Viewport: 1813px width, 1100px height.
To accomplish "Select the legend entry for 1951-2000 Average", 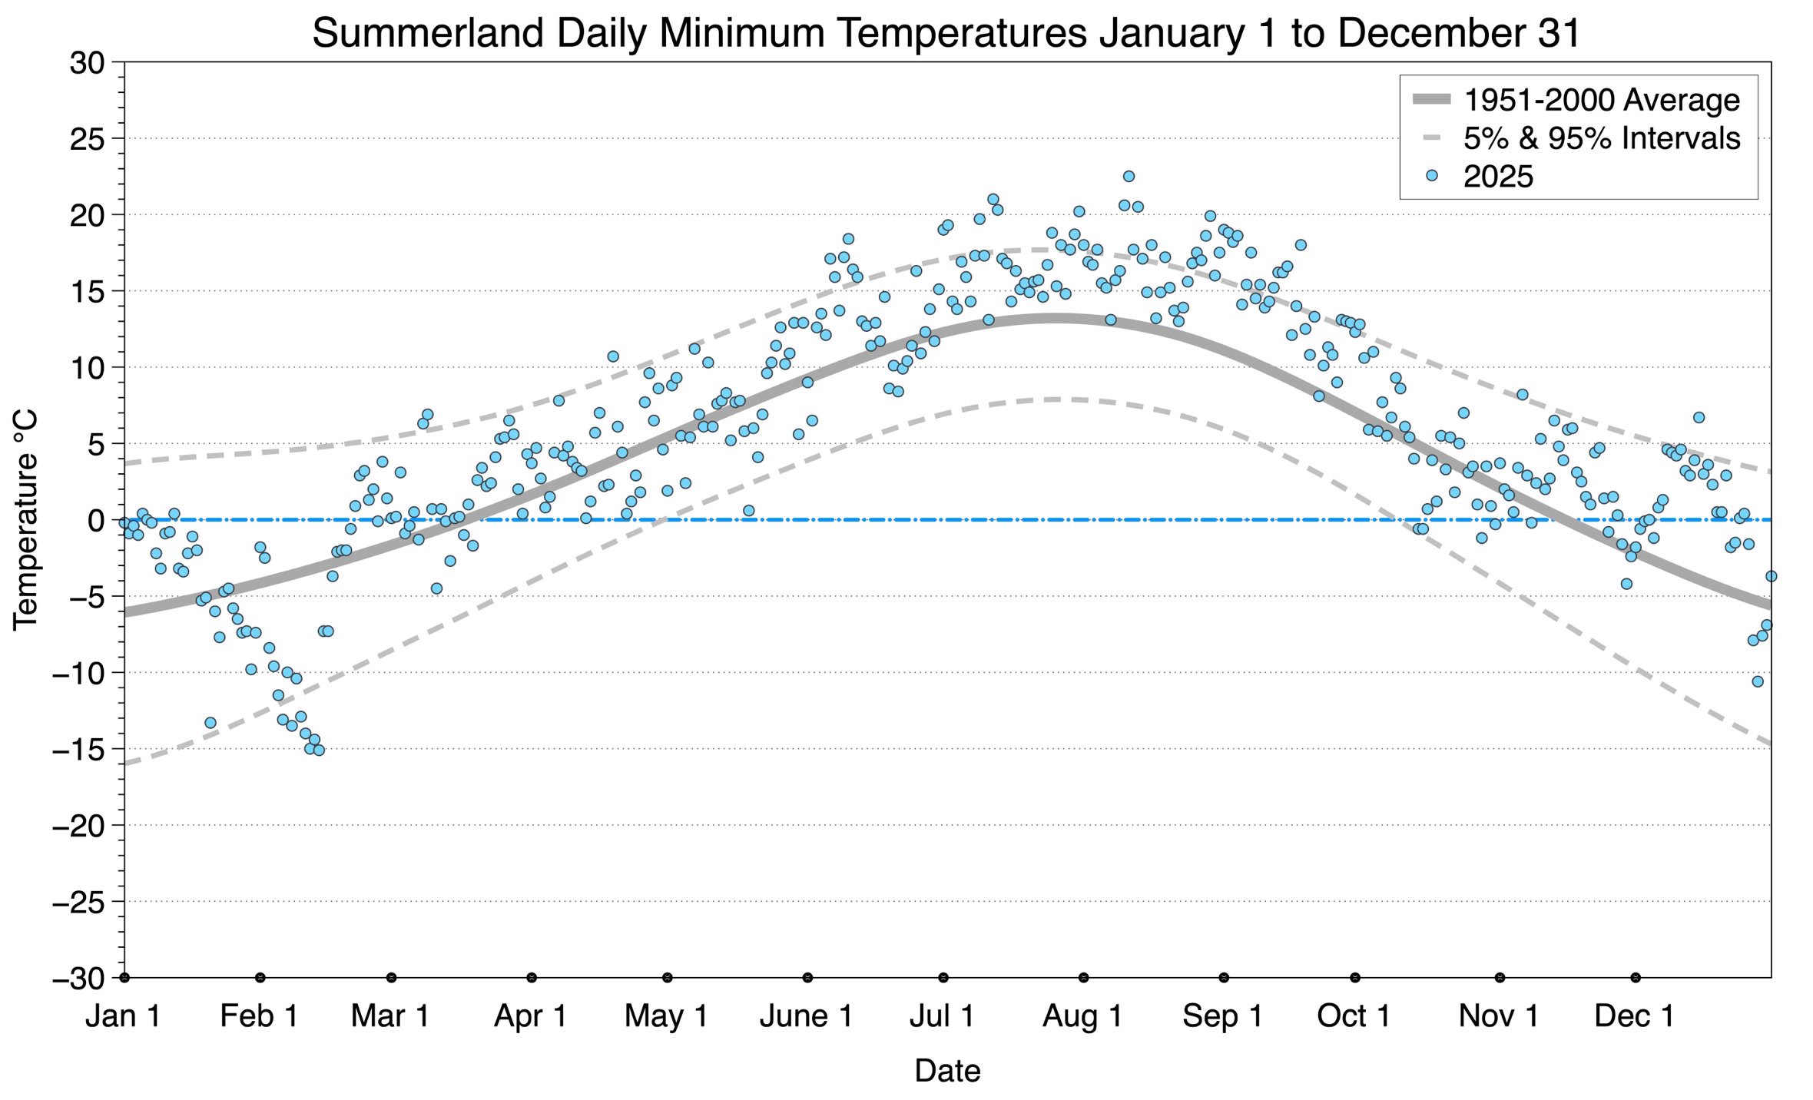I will coord(1601,100).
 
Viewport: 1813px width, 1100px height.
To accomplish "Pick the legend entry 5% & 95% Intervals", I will coord(1601,138).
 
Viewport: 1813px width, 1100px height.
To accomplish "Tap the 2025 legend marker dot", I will coord(1431,176).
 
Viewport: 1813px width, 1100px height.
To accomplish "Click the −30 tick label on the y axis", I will coord(78,979).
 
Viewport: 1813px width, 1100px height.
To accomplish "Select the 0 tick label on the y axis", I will coord(96,521).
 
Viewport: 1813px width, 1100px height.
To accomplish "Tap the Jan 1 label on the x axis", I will coord(123,1016).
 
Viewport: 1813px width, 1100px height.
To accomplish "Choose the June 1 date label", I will coord(806,1016).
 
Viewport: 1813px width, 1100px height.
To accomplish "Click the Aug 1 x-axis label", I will coord(1082,1016).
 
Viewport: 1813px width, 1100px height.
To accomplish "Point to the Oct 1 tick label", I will coord(1354,1016).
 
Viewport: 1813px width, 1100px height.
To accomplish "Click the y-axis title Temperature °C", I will coord(25,520).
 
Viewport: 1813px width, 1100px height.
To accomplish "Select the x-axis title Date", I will coord(946,1071).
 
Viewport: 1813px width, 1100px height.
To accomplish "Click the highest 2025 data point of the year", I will coord(1129,177).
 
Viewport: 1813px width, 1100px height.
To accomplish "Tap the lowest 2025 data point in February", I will coord(319,750).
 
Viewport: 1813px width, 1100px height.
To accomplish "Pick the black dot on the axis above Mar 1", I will coord(392,978).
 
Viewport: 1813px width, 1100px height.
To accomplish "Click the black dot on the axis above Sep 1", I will coord(1224,978).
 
